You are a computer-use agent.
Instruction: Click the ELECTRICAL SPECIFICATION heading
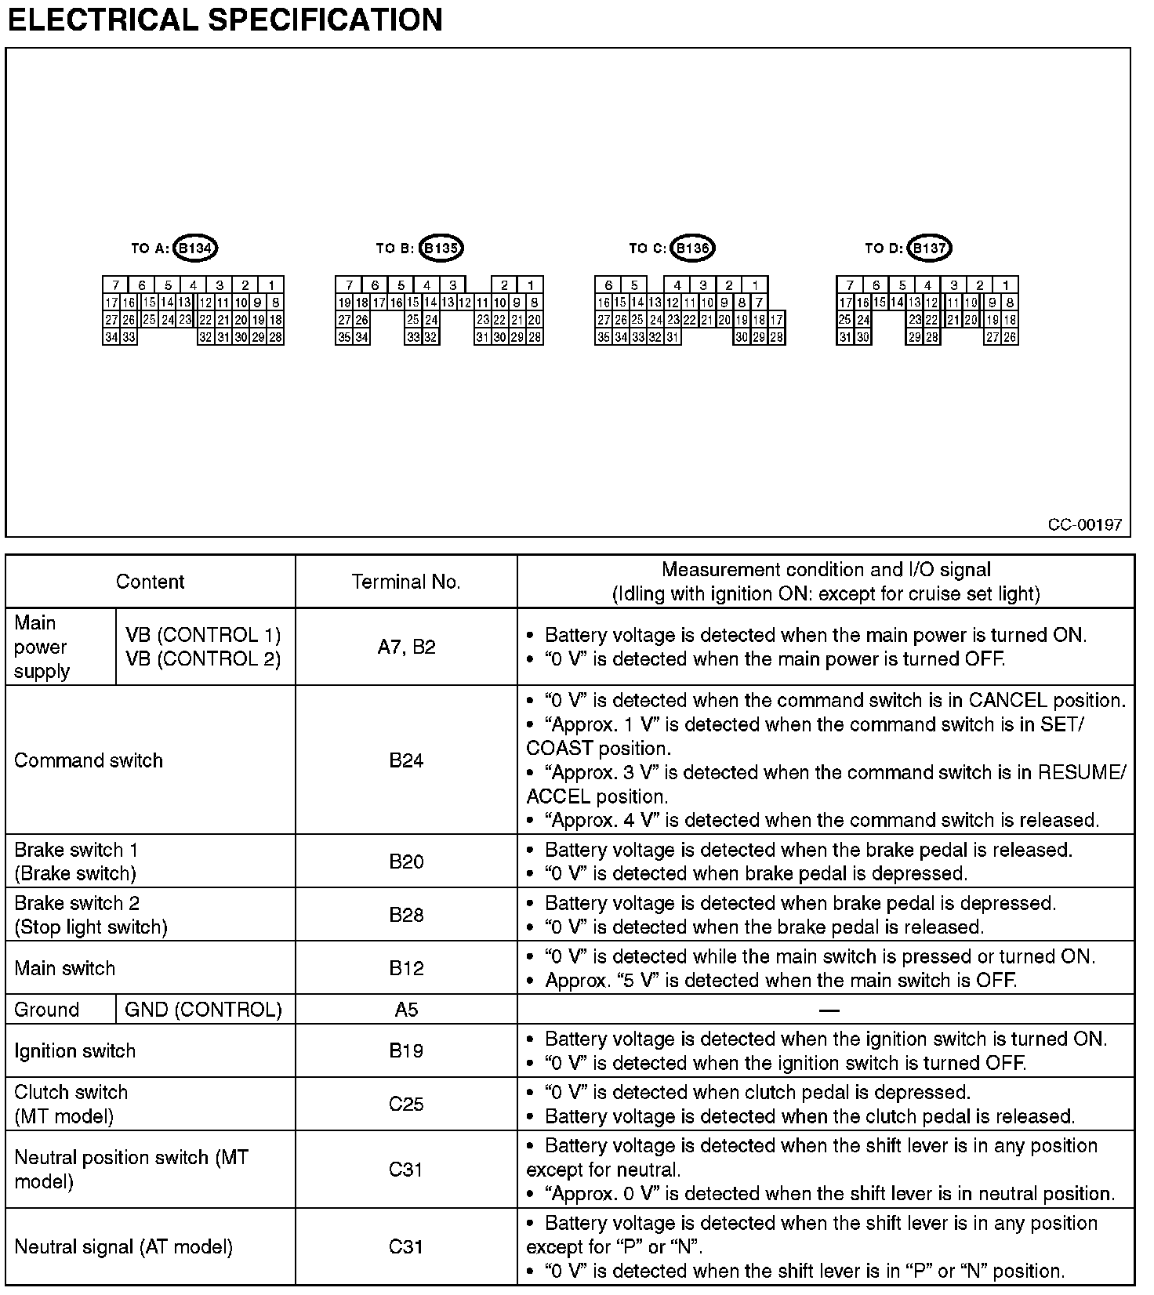(225, 20)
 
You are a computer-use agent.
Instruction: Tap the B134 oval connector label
(194, 248)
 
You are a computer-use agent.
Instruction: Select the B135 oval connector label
(441, 248)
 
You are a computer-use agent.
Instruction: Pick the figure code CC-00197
(1085, 524)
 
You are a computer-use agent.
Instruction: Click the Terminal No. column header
(406, 582)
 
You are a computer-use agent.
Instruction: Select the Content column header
(150, 582)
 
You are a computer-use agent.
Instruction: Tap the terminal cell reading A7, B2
(406, 647)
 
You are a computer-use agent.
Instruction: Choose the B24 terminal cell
(406, 760)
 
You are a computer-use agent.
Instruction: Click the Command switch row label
(89, 760)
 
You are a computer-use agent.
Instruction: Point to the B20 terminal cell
(406, 862)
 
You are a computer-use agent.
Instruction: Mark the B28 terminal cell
(406, 915)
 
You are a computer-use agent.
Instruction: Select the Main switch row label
(65, 968)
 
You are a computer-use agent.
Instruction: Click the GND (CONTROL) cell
(203, 1010)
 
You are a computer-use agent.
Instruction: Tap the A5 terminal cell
(406, 1010)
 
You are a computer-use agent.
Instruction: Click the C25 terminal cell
(406, 1104)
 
